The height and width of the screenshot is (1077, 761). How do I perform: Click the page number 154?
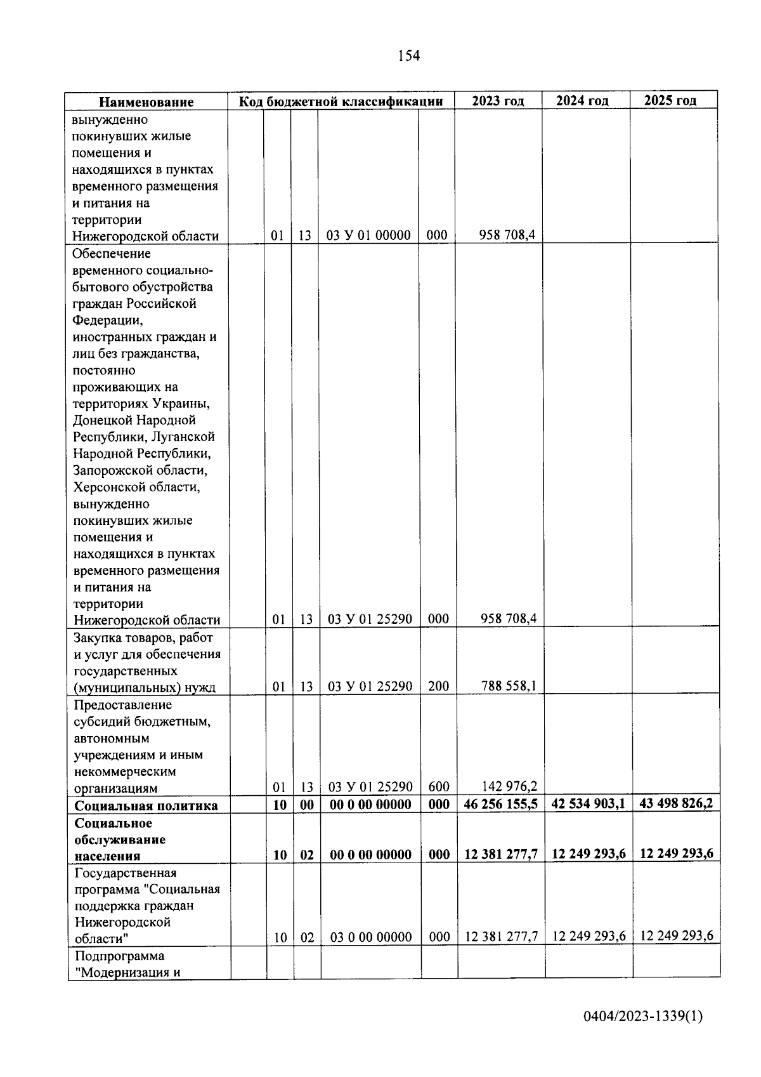[408, 56]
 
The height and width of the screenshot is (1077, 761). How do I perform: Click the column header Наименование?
[146, 102]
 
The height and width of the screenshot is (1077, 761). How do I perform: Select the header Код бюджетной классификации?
[341, 102]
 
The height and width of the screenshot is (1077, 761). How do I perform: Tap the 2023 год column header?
[498, 101]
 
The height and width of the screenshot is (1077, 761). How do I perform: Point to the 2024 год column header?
[582, 101]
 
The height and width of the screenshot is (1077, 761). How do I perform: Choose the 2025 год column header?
[670, 101]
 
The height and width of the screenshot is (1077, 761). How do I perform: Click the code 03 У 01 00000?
[368, 235]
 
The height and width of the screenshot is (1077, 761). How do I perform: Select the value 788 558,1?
[509, 686]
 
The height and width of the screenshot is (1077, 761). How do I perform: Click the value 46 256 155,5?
[500, 804]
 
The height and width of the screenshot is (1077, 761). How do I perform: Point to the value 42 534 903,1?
[588, 803]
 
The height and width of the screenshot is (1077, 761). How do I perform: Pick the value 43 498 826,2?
[676, 803]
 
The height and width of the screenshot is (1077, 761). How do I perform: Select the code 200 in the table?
[438, 686]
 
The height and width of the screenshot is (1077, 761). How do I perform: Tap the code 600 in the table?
[438, 787]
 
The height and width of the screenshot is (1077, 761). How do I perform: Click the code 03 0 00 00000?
[371, 937]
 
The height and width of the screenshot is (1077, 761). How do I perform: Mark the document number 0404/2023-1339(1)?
[643, 1017]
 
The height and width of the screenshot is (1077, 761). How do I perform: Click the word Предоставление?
[122, 705]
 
